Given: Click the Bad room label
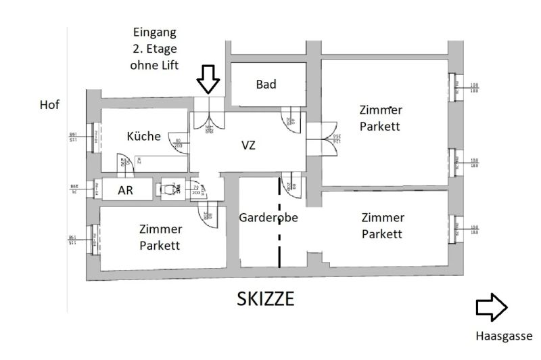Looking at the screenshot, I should [x=266, y=85].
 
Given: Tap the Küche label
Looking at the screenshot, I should [x=144, y=136].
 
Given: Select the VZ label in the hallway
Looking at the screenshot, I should [x=249, y=144].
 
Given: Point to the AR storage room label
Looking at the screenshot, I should [x=125, y=191].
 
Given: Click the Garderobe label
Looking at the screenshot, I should [x=268, y=218].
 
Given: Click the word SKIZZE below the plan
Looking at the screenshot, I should [x=265, y=298].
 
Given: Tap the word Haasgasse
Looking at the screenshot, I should [x=504, y=336].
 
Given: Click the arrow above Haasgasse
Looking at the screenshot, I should [x=492, y=307].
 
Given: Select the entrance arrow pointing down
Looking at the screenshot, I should [x=208, y=80].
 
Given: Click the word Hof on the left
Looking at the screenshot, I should [x=49, y=105].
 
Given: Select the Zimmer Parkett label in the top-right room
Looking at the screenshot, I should [x=381, y=118].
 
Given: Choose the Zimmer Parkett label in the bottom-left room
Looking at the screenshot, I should [x=160, y=237].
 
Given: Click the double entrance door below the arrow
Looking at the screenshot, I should [x=208, y=118].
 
